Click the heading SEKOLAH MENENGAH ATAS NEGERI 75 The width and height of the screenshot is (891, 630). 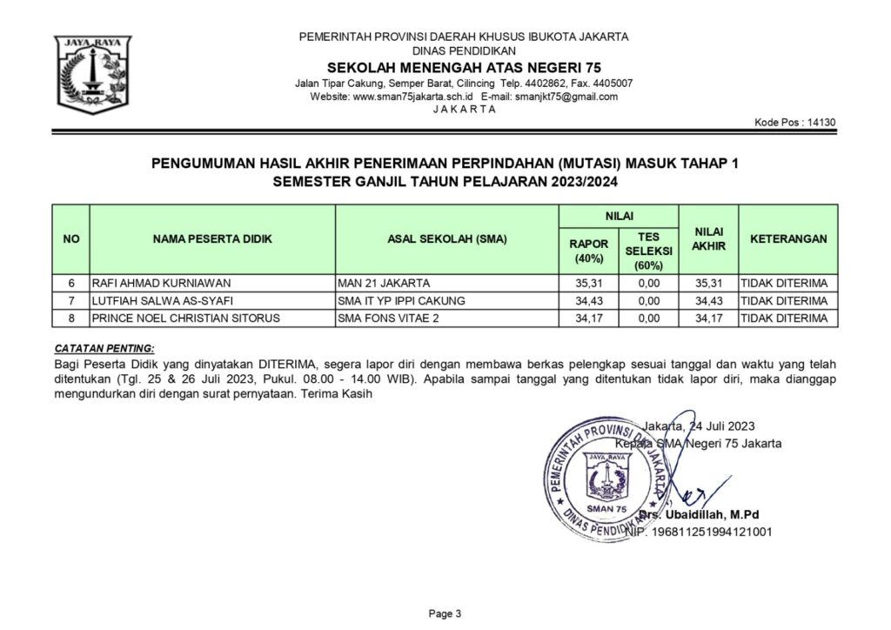click(x=464, y=68)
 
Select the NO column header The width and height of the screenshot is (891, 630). click(x=71, y=239)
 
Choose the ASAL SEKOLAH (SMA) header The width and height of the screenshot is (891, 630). click(x=446, y=239)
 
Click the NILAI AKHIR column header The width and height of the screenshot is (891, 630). click(x=708, y=239)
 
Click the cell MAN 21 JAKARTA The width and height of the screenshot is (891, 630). click(x=384, y=284)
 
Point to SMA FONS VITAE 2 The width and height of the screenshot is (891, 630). click(x=389, y=318)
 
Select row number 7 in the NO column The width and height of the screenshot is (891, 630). click(x=71, y=301)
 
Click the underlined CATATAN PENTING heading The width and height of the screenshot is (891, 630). click(x=104, y=347)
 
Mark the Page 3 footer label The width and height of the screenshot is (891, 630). click(x=445, y=614)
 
